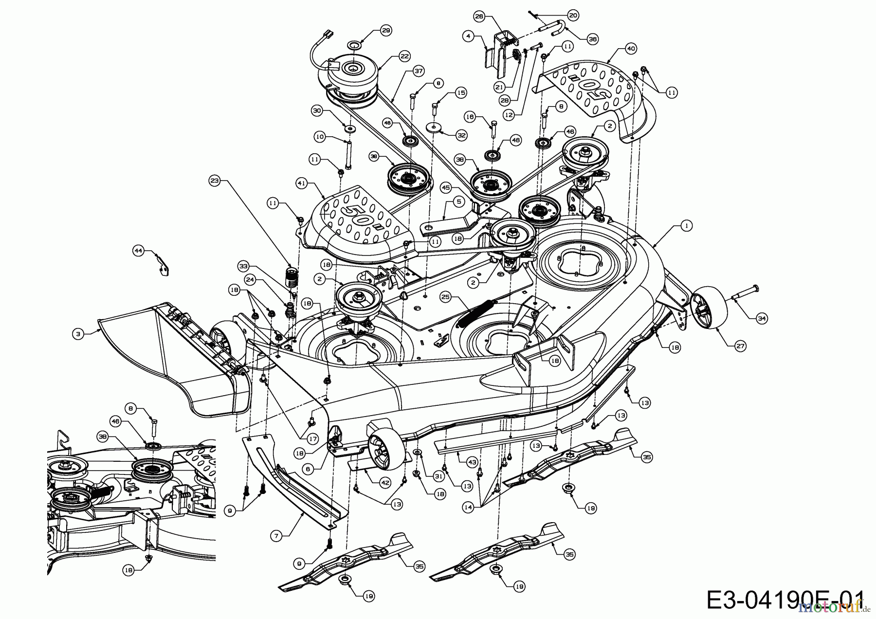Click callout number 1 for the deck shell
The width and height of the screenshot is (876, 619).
pos(686,226)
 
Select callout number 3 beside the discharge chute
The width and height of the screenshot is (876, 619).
pos(78,334)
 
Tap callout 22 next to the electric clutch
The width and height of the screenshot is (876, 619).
pos(405,55)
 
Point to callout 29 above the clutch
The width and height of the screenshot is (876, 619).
pos(385,31)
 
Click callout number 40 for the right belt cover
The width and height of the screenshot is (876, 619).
pos(631,49)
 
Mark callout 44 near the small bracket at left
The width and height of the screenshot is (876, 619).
pos(138,250)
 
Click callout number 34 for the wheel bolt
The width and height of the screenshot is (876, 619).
pos(761,319)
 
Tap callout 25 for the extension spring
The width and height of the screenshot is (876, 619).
pos(445,296)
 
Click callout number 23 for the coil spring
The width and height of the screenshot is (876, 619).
pos(215,181)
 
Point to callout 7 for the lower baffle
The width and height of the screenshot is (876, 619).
pos(276,535)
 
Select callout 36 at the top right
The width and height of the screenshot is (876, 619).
pos(592,40)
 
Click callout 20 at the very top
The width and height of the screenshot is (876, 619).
pos(573,15)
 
